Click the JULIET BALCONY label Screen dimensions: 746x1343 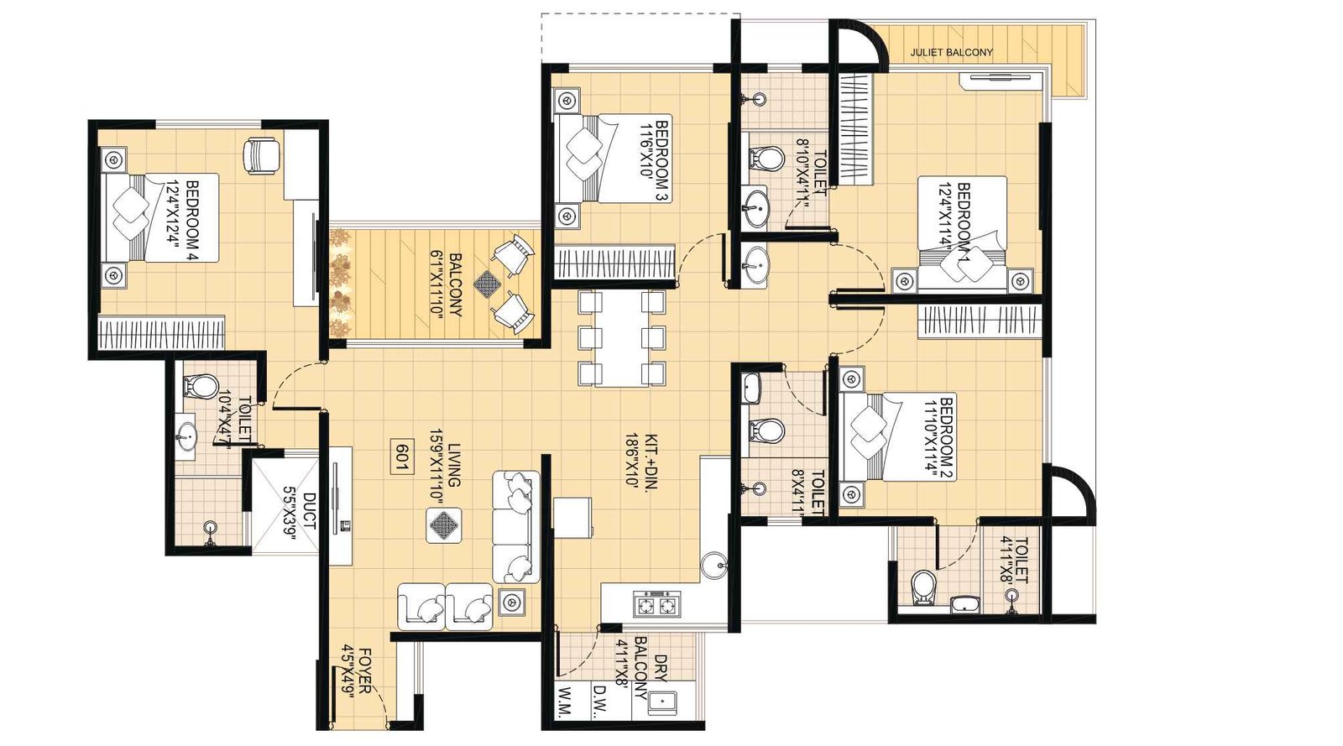tap(951, 52)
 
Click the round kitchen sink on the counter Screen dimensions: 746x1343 tap(714, 564)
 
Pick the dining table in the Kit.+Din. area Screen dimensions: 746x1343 tap(622, 338)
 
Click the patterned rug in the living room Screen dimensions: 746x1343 tap(443, 524)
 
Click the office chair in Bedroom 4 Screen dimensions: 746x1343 tap(262, 154)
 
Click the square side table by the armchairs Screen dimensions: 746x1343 tap(511, 601)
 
